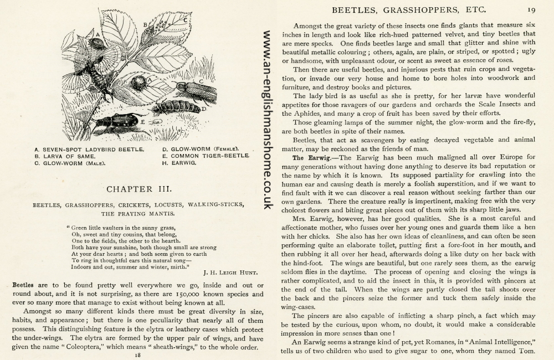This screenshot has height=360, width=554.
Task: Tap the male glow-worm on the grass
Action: pos(195,90)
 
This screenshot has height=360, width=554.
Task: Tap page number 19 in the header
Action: pos(531,9)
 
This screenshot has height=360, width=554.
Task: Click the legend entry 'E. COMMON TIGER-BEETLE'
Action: pos(204,156)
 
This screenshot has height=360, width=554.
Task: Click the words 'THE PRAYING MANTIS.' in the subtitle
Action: pos(138,213)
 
